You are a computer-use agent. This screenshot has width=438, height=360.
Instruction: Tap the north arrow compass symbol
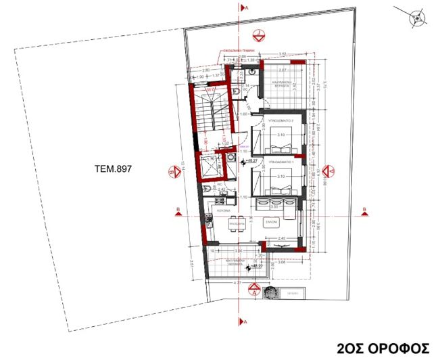(x=418, y=18)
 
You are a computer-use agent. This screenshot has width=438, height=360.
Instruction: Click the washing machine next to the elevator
(x=230, y=160)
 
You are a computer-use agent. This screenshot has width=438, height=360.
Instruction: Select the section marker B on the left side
(x=176, y=209)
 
